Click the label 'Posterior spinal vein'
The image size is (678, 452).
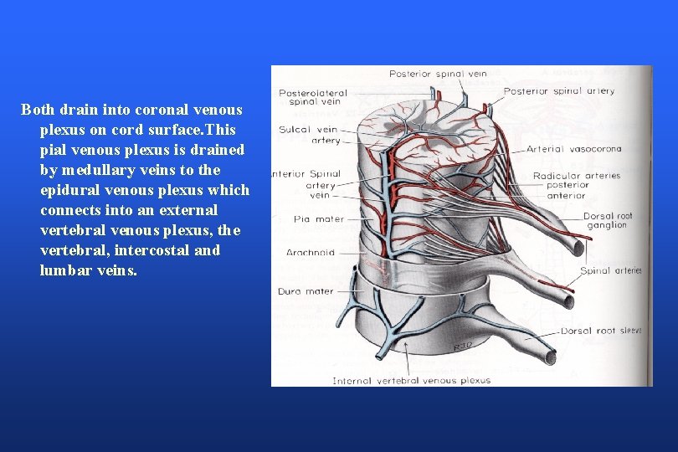pos(438,74)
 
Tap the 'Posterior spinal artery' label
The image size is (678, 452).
pos(558,90)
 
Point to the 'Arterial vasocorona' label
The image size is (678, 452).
pos(573,149)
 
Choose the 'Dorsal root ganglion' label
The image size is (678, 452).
pos(608,220)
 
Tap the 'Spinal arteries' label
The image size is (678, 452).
pos(611,270)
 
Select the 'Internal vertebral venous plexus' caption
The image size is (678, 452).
pos(412,380)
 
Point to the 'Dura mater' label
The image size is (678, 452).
pos(306,291)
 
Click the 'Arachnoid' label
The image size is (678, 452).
pos(311,252)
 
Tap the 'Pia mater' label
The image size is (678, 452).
pos(313,219)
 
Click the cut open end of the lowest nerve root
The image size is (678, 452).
pos(551,357)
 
